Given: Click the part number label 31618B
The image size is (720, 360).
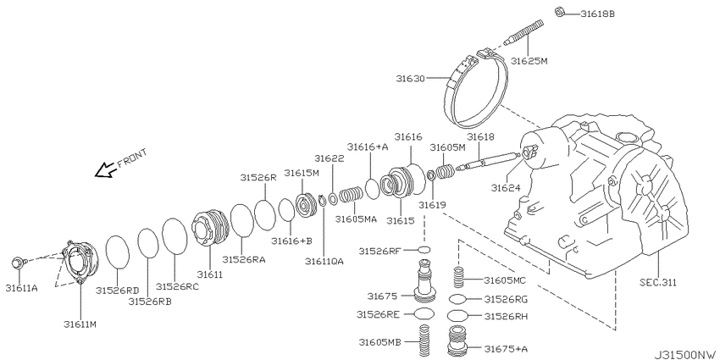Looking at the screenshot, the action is [597, 14].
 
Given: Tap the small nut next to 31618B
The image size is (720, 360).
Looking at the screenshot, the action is [560, 12].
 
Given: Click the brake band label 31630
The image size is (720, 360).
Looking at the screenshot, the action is [412, 79].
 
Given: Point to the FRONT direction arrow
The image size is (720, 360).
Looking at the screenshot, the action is [106, 170].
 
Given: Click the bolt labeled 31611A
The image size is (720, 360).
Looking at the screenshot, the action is [19, 263].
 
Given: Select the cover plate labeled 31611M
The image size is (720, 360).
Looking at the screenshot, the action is [78, 262].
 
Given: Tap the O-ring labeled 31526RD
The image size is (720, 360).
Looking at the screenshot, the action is [118, 252].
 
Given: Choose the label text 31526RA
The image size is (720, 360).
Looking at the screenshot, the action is [244, 259].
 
